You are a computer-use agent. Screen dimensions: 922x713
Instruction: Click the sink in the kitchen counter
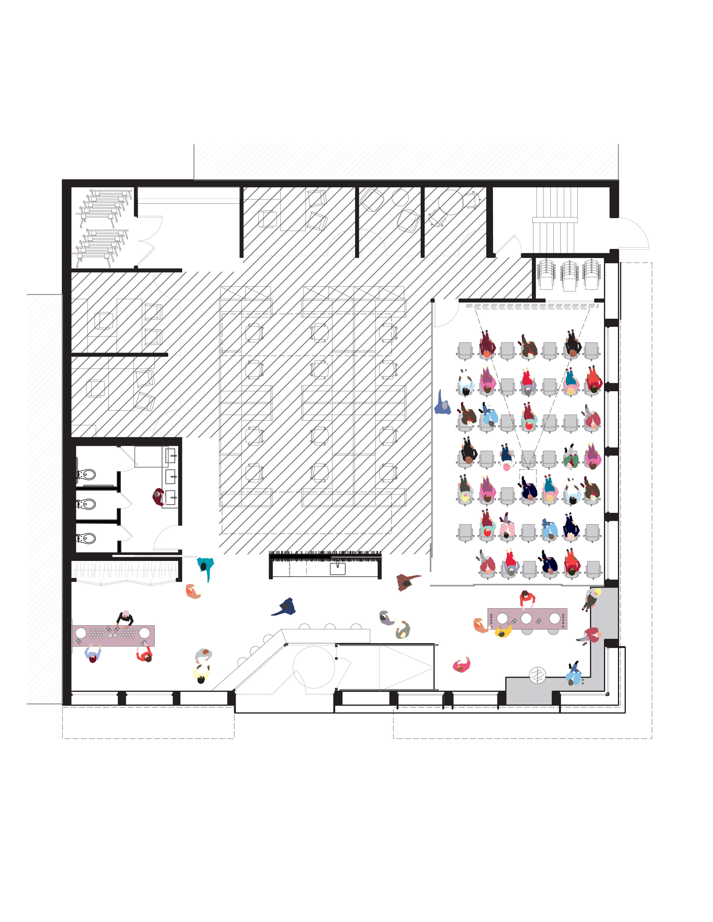click(337, 569)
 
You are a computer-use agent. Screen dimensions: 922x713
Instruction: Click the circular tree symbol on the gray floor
click(537, 675)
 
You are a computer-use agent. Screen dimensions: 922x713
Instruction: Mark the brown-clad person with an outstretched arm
click(406, 582)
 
